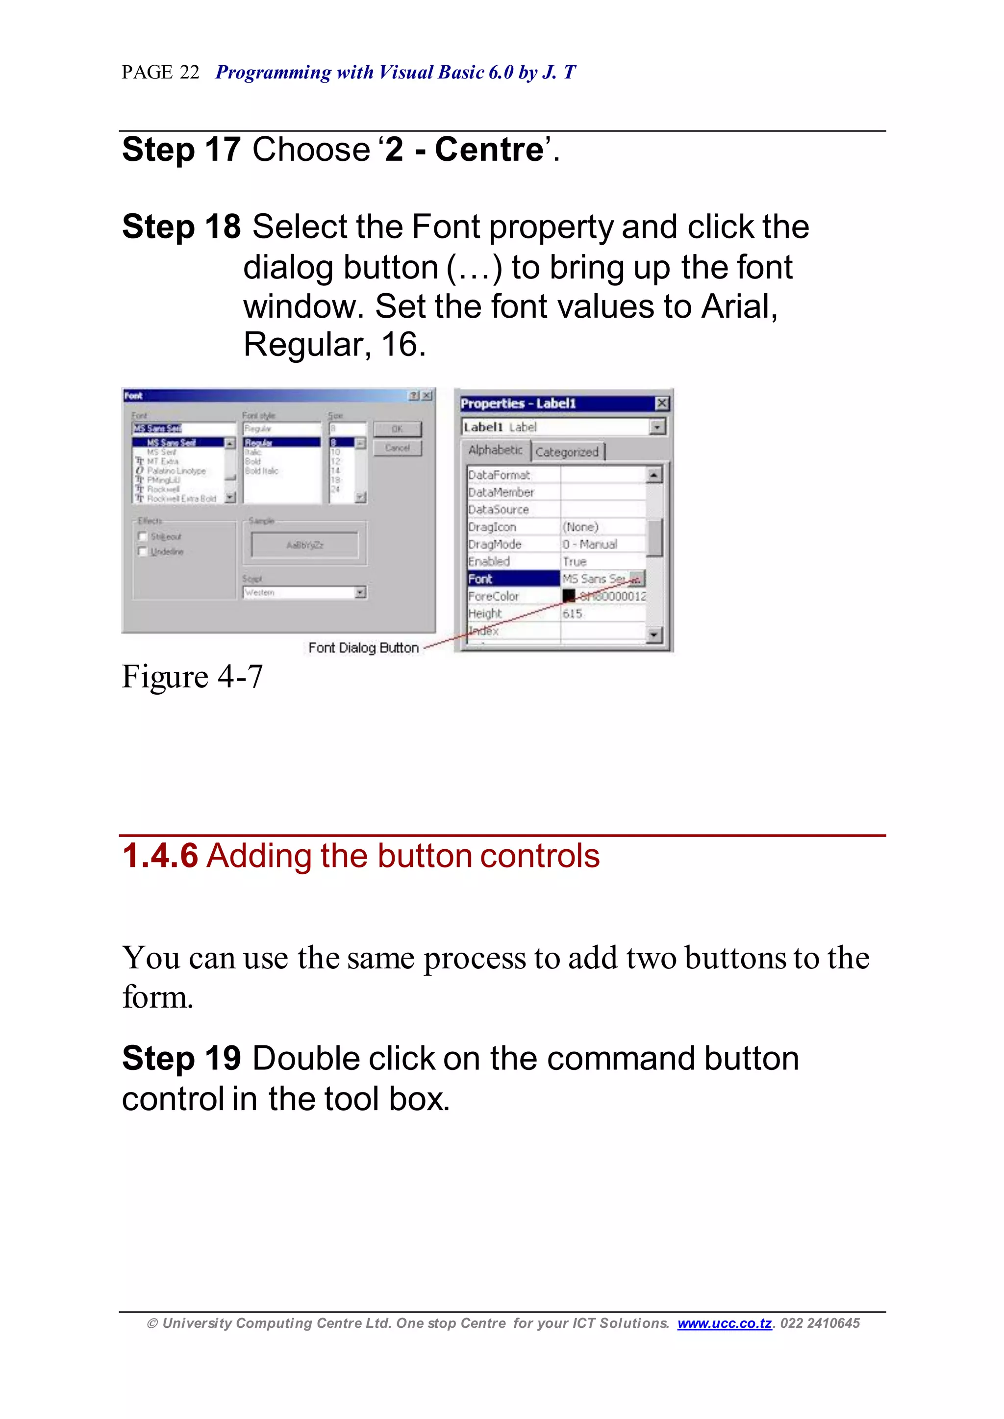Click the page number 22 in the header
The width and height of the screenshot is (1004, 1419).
coord(189,73)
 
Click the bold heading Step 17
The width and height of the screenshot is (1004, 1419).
coord(180,150)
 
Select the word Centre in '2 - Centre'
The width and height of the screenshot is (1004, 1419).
coord(488,150)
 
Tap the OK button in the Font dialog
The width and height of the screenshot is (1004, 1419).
coord(397,429)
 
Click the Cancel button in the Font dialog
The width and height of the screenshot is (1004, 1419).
coord(397,448)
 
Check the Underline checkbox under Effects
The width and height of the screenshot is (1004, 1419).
coord(143,551)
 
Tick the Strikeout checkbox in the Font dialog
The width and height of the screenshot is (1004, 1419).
coord(143,536)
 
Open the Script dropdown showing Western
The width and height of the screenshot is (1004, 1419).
coord(360,592)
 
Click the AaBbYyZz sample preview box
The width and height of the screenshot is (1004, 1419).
coord(304,545)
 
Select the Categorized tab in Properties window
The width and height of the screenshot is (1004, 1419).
coord(567,452)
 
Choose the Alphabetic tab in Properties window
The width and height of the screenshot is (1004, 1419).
coord(495,450)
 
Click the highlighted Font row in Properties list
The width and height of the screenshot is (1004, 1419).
coord(513,579)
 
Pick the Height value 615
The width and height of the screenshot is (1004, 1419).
coord(573,614)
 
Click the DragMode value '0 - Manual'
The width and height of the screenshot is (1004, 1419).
coord(590,544)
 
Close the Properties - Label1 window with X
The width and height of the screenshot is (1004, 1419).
coord(661,403)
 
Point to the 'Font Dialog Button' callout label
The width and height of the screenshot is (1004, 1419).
coord(364,648)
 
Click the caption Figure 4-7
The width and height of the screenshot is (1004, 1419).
coord(192,677)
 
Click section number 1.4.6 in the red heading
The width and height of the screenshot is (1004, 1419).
coord(160,856)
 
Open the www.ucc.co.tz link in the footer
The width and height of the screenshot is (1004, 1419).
coord(725,1323)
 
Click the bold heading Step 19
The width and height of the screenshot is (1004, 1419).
coord(180,1059)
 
